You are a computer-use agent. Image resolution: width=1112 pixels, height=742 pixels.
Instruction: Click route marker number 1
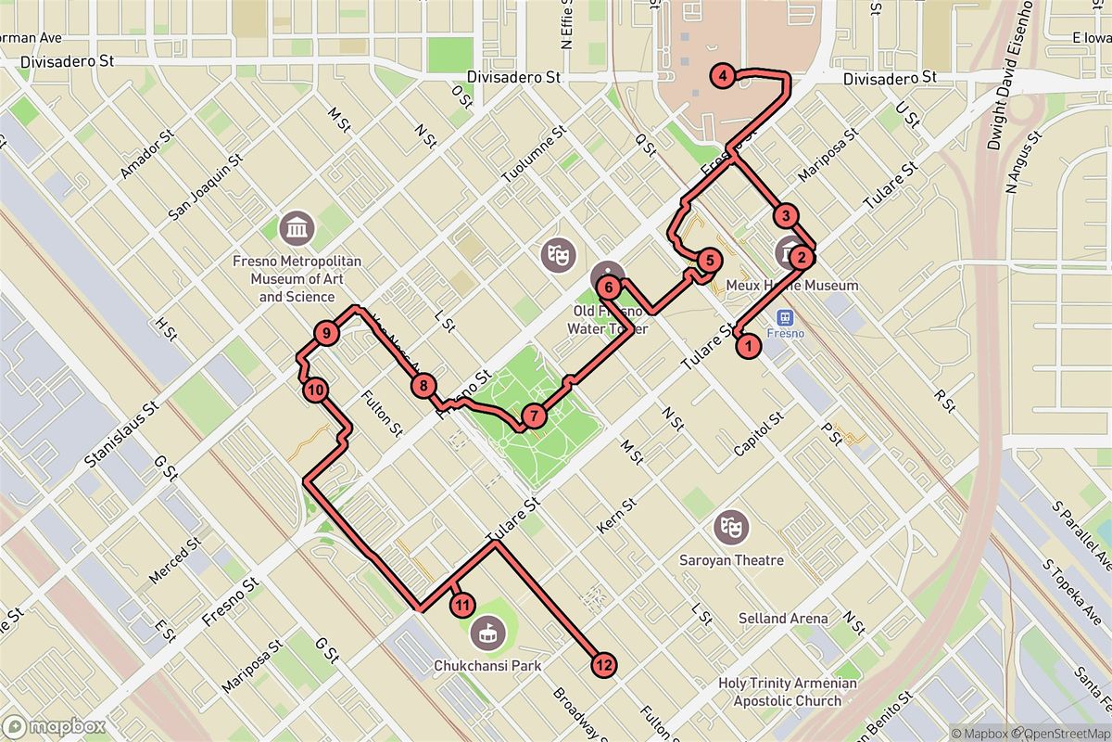(748, 347)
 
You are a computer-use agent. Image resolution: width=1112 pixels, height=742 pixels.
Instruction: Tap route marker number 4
(722, 77)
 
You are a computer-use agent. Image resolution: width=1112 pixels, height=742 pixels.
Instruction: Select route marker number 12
(603, 664)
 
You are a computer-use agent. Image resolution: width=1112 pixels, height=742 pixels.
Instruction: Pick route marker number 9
(325, 333)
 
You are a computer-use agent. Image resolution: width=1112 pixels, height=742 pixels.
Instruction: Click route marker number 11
(462, 606)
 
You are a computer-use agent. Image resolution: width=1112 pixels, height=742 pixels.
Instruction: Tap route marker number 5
(709, 261)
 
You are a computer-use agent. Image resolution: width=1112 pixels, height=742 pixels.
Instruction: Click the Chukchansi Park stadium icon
(484, 634)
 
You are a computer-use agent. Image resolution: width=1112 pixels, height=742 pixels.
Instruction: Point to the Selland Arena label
(784, 619)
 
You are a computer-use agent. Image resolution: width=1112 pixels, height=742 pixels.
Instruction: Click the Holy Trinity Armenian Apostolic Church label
(787, 692)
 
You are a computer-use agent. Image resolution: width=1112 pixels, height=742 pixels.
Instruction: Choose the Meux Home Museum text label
(792, 286)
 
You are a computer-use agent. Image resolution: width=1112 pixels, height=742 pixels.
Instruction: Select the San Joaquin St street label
(205, 186)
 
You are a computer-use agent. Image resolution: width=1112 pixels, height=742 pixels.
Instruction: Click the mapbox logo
(54, 726)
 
